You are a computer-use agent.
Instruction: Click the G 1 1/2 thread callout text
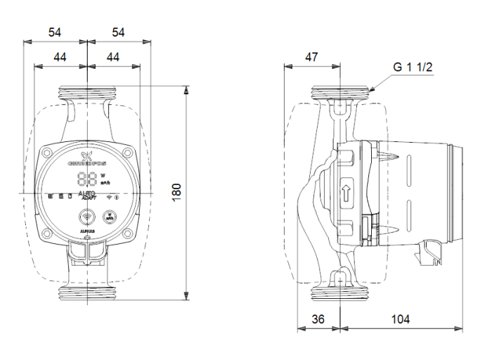(413, 67)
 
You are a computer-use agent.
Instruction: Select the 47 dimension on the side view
(311, 58)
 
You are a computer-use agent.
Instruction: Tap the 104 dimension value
(400, 319)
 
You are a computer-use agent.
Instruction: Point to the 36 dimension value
(318, 319)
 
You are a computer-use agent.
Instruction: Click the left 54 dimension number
(55, 32)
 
